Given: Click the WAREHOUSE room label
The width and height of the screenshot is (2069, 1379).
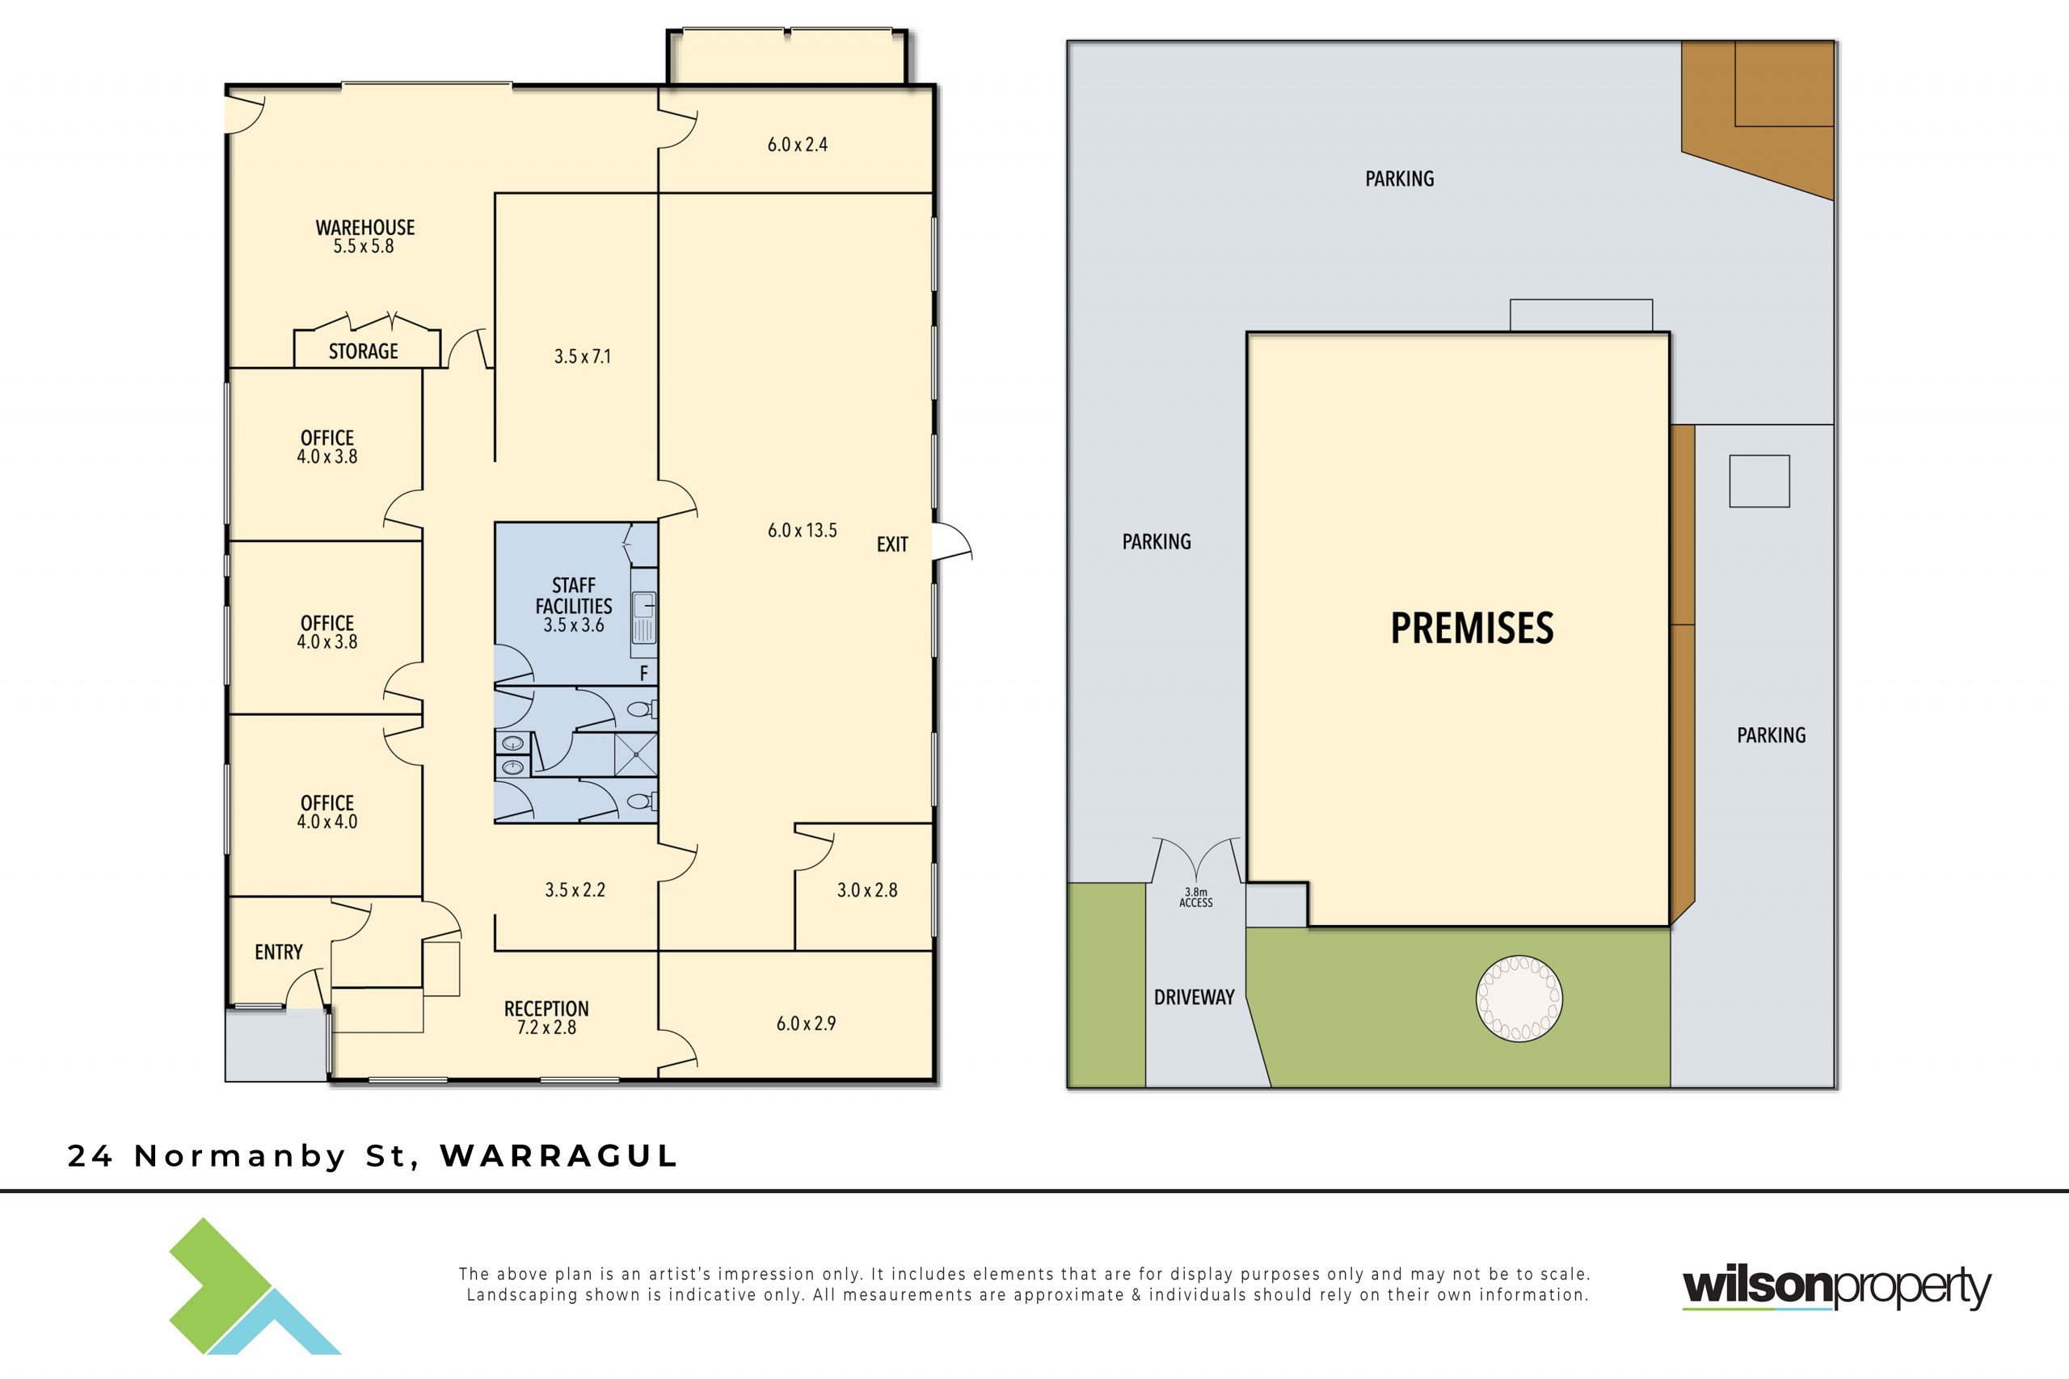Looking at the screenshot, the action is (365, 228).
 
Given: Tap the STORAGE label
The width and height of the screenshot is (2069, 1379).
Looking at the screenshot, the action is (364, 351).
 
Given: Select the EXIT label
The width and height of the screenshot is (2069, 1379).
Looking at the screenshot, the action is (892, 544).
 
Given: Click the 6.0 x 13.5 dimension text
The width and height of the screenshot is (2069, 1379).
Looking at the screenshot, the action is (803, 530).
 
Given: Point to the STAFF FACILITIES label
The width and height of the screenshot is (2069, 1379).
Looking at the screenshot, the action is (574, 595).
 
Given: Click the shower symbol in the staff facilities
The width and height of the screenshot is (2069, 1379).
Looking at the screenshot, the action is (635, 755).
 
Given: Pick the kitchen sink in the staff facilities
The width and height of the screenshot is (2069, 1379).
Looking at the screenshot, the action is (644, 616).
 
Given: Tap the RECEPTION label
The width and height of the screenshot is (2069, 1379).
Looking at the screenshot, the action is (546, 1009).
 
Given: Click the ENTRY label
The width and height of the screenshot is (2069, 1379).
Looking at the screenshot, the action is (279, 952).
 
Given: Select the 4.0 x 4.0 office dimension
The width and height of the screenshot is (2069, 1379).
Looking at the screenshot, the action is (327, 822).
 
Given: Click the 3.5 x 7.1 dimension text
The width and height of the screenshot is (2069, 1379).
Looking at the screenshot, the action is (583, 356).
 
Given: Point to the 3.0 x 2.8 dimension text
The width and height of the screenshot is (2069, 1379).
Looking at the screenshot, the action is (867, 890).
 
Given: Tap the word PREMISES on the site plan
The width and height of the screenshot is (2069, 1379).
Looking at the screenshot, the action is (1472, 628).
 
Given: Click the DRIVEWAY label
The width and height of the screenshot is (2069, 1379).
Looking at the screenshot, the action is (1194, 998).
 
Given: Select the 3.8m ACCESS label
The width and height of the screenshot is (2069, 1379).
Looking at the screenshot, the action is (1196, 897).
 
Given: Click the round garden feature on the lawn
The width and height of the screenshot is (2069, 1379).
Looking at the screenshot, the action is (1519, 999).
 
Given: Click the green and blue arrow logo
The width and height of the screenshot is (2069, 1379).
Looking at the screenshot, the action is (255, 1286).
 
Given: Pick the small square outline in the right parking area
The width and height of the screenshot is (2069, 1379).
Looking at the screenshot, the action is (1759, 481).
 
